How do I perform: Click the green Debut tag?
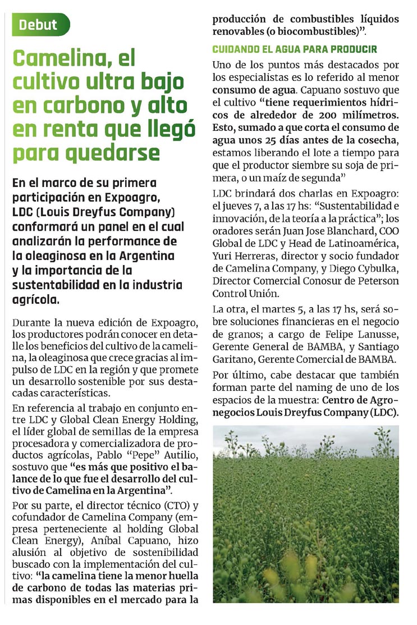tap(38, 25)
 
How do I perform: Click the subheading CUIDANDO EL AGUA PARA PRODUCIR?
tap(294, 49)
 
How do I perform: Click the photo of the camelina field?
tap(306, 513)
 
